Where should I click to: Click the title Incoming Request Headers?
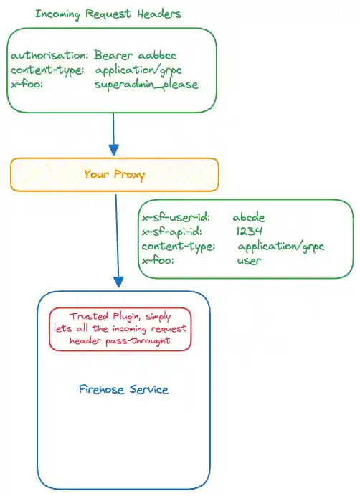(x=108, y=14)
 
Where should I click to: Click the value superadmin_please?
(x=146, y=85)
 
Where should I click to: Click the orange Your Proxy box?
(x=114, y=174)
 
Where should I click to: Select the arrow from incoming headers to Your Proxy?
(x=113, y=133)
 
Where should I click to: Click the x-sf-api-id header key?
(x=173, y=232)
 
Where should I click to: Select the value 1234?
(x=248, y=232)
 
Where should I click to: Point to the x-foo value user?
(x=249, y=261)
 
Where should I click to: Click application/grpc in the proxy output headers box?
(x=281, y=247)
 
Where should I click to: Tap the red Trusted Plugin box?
(x=120, y=329)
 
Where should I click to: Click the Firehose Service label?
(x=123, y=390)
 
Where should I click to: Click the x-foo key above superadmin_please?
(x=27, y=85)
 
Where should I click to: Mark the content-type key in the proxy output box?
(x=179, y=247)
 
